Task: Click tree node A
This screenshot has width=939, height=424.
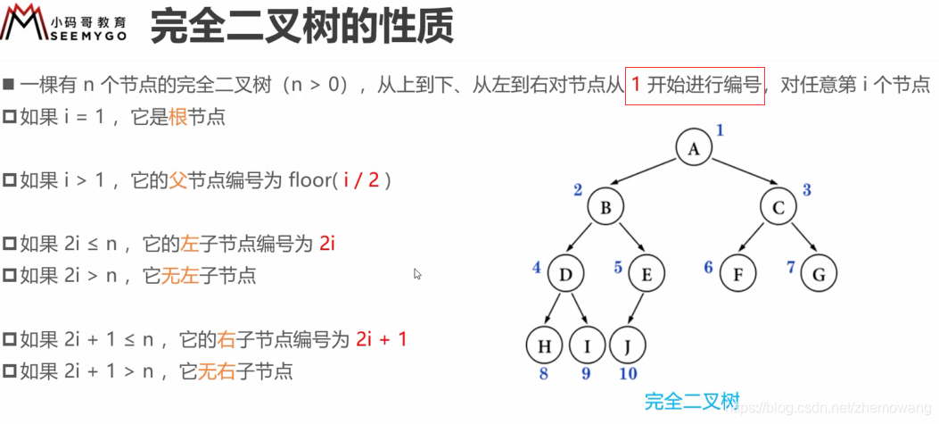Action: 693,148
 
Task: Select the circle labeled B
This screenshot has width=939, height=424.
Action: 605,209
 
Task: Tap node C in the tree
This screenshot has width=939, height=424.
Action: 778,209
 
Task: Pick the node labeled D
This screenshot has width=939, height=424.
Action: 565,274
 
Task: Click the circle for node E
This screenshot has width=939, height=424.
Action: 646,274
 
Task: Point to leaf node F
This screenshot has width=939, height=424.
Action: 737,274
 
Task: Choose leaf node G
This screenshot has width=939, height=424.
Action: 819,274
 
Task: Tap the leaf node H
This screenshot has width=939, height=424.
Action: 544,345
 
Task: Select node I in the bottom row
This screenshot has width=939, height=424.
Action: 587,345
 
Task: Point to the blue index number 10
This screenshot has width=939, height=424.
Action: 628,374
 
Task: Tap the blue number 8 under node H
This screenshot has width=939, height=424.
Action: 543,374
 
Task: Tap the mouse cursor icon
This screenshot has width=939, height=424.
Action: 417,274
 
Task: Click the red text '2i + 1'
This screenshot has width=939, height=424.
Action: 382,339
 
